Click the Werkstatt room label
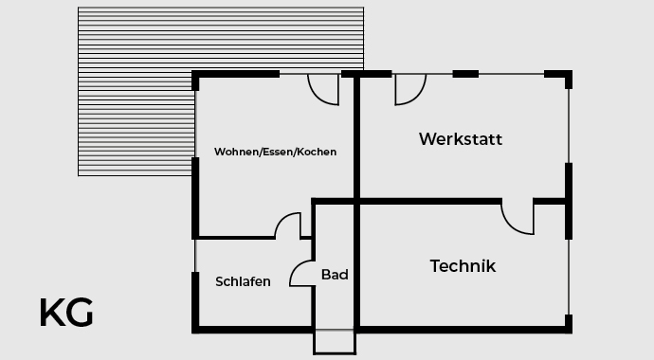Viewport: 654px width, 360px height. click(461, 139)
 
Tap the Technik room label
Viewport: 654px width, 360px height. click(463, 266)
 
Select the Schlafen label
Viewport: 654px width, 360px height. click(243, 281)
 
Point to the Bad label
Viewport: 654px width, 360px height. click(335, 275)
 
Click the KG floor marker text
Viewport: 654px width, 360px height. click(66, 313)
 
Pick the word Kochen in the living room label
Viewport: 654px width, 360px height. click(317, 152)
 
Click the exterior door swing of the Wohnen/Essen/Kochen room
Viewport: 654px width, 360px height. click(323, 89)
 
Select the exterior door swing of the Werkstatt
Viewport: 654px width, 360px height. click(409, 89)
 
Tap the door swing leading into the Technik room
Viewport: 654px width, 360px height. click(518, 218)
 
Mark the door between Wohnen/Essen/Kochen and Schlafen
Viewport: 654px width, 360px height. click(288, 226)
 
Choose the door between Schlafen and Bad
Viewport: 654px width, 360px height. click(302, 272)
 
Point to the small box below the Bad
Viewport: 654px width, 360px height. click(335, 342)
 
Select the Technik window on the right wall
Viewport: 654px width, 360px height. click(569, 275)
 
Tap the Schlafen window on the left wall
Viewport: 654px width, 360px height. click(195, 256)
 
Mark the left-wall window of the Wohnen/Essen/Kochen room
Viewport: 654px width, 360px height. click(195, 123)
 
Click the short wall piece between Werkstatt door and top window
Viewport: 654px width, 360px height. click(465, 74)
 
